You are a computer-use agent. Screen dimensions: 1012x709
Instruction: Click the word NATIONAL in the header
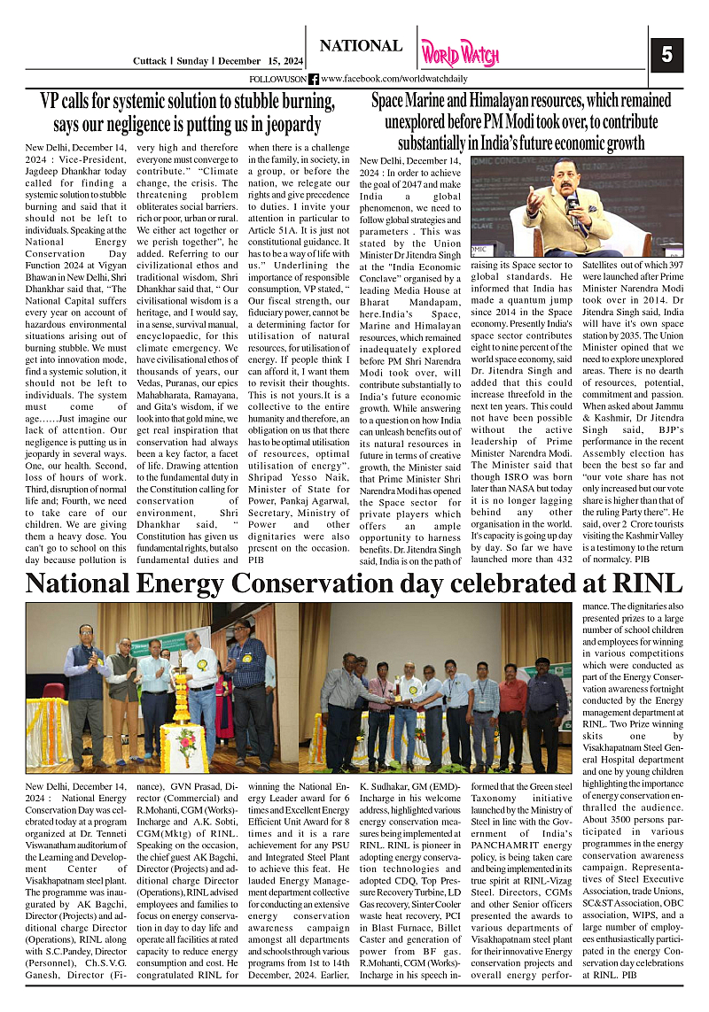360,46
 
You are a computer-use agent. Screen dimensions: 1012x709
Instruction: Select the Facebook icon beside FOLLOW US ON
313,80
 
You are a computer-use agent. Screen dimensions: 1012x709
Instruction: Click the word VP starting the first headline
51,101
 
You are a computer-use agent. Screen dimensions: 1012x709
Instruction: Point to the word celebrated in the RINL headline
503,583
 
